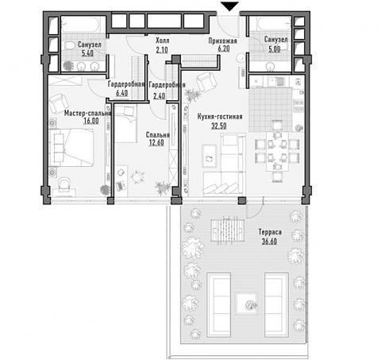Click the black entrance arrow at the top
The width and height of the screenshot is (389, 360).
pos(229,6)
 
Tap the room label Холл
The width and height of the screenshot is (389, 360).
pos(162,41)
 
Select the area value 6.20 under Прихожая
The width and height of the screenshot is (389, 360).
pos(224,48)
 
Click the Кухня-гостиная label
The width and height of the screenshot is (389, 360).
pos(220,117)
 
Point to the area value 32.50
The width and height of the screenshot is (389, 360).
pos(219,126)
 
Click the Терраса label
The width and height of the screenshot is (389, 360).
pos(270,232)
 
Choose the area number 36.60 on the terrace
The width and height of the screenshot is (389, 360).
pos(269,242)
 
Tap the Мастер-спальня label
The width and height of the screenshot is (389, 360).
pos(87,114)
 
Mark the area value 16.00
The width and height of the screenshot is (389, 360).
pos(91,121)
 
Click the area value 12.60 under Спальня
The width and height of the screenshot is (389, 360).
pos(156,142)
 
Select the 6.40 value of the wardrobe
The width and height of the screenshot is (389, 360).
pos(121,93)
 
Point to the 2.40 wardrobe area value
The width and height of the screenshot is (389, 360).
pos(159,96)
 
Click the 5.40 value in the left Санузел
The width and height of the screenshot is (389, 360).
pos(87,53)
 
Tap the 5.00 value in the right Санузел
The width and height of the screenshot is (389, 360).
pos(274,49)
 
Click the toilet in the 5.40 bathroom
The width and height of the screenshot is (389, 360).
pos(70,45)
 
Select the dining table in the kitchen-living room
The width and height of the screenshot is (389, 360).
pos(277,152)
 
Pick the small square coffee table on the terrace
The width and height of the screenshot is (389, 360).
pos(247,304)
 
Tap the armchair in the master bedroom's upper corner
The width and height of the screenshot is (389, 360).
pos(59,103)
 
